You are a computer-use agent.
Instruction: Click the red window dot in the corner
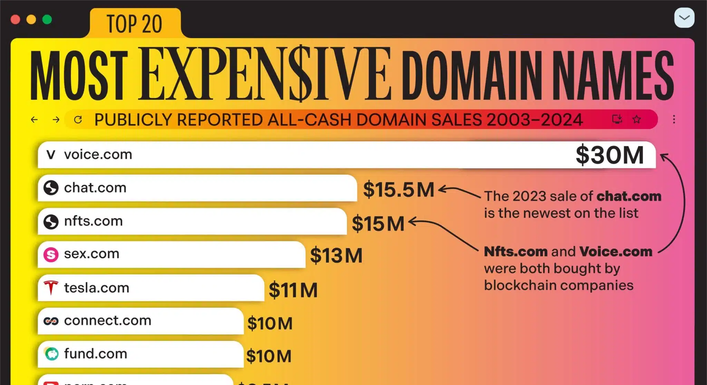[x=16, y=19]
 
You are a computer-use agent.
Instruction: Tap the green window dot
[x=47, y=19]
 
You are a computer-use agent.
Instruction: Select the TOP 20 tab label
[x=135, y=24]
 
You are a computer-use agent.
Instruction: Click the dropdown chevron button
[x=684, y=18]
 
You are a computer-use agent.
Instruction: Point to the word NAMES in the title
[x=613, y=75]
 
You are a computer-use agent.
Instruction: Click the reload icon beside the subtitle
[x=78, y=119]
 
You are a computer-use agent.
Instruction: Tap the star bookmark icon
[x=637, y=119]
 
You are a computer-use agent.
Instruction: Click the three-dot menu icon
[x=674, y=119]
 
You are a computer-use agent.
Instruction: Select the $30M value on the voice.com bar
[x=610, y=155]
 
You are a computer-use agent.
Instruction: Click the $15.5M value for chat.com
[x=399, y=190]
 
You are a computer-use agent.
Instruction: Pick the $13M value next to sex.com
[x=336, y=256]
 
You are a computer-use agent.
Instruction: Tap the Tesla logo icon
[x=51, y=288]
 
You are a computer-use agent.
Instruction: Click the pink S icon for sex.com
[x=51, y=254]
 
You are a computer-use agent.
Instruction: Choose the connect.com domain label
[x=108, y=320]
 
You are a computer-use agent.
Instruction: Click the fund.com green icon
[x=52, y=354]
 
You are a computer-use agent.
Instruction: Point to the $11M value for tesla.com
[x=293, y=290]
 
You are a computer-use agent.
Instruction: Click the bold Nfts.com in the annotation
[x=516, y=251]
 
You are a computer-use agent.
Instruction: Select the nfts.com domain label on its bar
[x=94, y=221]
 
